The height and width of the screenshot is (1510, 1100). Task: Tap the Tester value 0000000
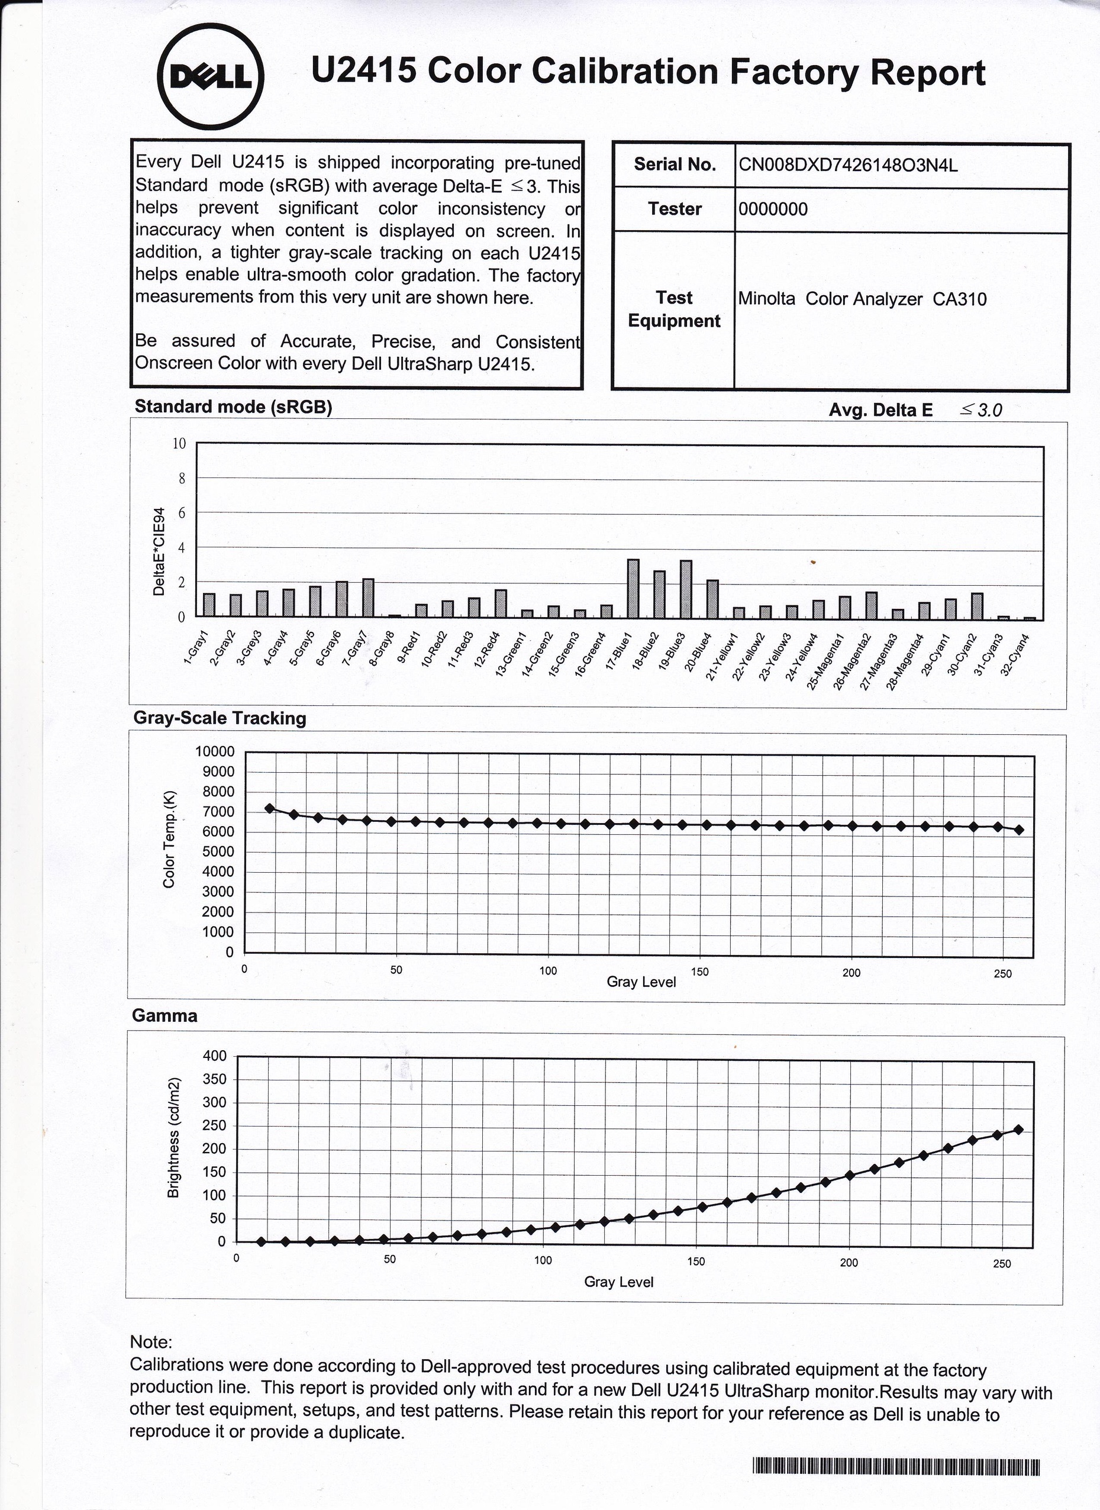click(772, 209)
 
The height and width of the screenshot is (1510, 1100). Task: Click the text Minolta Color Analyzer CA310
click(862, 299)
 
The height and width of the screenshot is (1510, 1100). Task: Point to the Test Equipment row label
click(674, 309)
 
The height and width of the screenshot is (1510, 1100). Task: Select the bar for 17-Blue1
click(633, 589)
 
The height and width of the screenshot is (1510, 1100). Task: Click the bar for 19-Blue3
click(686, 590)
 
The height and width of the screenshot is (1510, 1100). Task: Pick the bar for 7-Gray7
click(368, 599)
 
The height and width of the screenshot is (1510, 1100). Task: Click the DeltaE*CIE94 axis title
click(159, 552)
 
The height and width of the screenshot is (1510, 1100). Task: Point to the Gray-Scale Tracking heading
click(220, 718)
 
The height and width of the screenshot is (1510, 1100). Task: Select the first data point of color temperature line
click(270, 808)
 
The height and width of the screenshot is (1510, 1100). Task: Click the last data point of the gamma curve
click(1018, 1130)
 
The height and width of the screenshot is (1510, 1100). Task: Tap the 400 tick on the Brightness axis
click(214, 1056)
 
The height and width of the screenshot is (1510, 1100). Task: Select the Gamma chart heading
click(164, 1015)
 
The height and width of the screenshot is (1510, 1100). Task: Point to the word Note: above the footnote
click(151, 1341)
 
